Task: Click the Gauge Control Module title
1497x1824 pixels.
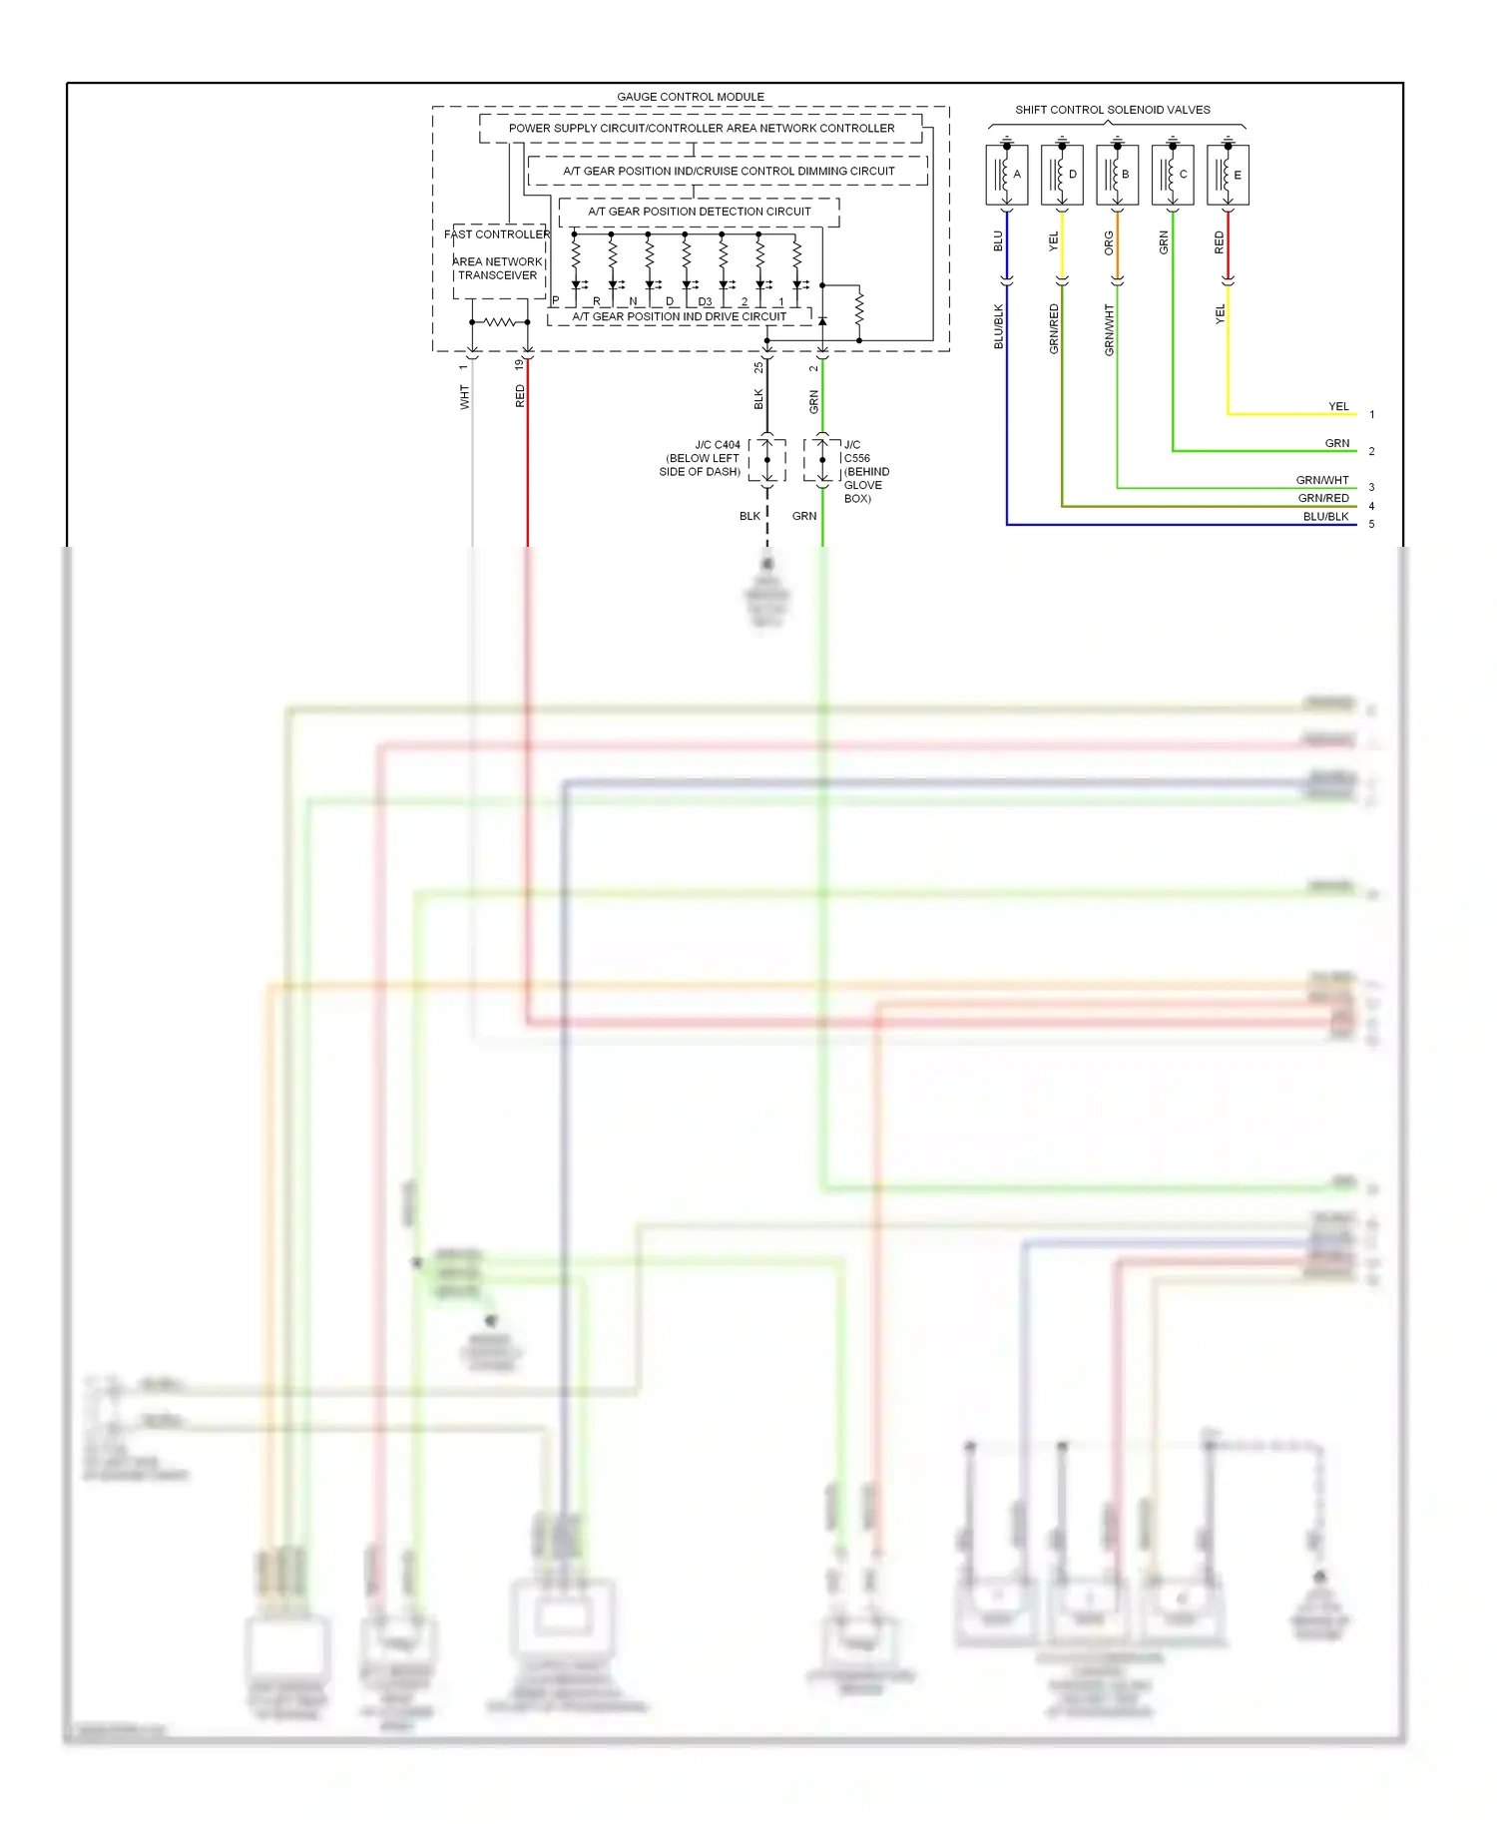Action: click(690, 97)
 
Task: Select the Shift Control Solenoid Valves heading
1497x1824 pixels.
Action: click(1112, 110)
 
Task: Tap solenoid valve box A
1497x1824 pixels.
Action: click(1006, 175)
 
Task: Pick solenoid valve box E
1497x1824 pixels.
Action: click(1228, 175)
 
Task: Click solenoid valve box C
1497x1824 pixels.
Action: click(1173, 175)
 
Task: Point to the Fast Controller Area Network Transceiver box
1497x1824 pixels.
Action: click(498, 260)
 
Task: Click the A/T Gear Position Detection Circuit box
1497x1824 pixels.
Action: click(699, 212)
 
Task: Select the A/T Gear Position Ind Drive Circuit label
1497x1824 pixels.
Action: click(679, 317)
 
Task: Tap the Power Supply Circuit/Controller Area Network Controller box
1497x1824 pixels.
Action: click(701, 129)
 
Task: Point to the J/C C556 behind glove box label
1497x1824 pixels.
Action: click(864, 471)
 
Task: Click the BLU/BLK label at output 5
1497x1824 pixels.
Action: click(1325, 517)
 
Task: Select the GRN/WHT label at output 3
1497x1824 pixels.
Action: click(1321, 480)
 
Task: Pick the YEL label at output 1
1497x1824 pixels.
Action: click(1337, 407)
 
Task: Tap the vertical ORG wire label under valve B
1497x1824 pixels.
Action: click(1109, 242)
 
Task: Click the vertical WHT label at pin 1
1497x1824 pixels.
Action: click(464, 397)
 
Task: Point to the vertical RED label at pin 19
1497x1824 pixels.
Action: click(520, 396)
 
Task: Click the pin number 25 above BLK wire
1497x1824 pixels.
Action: click(758, 367)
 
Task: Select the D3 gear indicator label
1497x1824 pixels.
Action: click(705, 301)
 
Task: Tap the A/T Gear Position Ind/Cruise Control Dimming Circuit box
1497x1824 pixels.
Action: click(728, 171)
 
